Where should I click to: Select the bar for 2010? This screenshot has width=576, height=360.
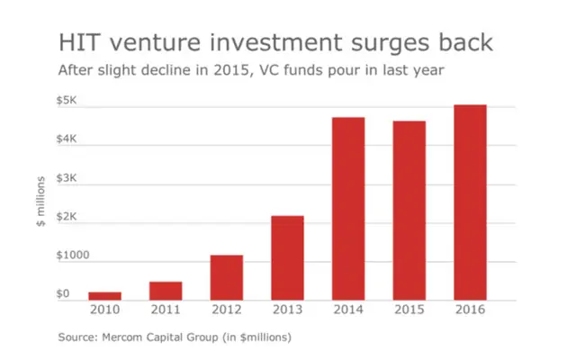[104, 295]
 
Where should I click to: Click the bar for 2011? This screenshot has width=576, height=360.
[166, 291]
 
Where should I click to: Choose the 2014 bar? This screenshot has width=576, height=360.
[348, 208]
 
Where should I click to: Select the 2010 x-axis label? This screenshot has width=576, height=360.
[104, 310]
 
